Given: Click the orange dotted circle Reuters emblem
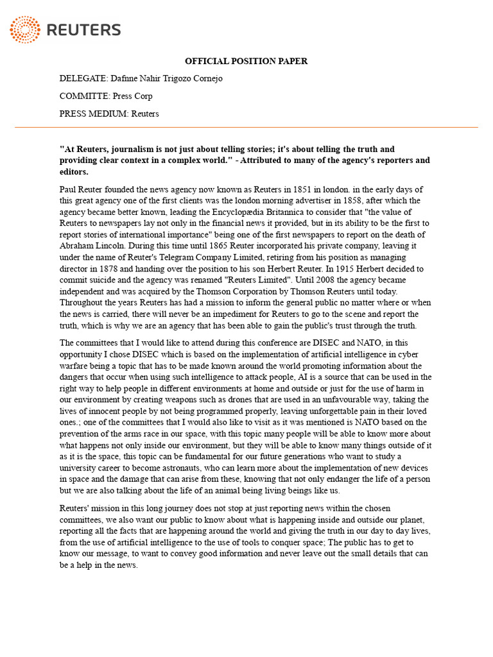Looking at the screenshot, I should coord(24,30).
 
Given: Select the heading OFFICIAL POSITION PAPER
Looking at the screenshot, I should coord(246,61).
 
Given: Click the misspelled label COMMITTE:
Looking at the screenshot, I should coord(85,96).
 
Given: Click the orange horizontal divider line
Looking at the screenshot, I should coord(246,128).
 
